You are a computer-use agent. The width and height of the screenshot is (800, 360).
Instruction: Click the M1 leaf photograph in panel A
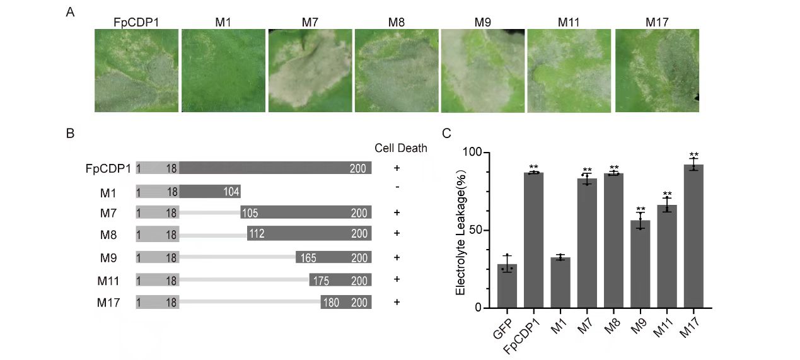[x=223, y=71]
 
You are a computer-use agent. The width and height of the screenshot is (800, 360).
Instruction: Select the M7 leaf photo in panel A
[x=310, y=71]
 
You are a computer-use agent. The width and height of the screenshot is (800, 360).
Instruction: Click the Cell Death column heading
[x=401, y=148]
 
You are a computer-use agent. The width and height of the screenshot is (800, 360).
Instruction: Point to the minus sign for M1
[x=397, y=187]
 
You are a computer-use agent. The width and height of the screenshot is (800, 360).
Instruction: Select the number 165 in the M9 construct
[x=308, y=257]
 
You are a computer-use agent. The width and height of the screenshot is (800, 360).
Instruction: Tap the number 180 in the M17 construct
[x=331, y=302]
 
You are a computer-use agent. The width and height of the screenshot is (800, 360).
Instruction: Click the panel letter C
[x=446, y=133]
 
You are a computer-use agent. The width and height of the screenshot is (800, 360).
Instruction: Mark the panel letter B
[x=70, y=133]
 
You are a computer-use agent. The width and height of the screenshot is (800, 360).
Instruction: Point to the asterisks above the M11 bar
[x=666, y=194]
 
